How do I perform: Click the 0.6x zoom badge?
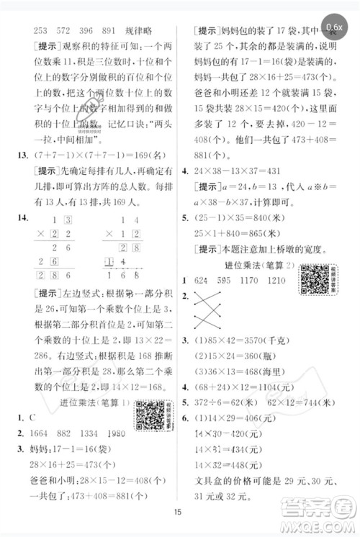(x=334, y=27)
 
